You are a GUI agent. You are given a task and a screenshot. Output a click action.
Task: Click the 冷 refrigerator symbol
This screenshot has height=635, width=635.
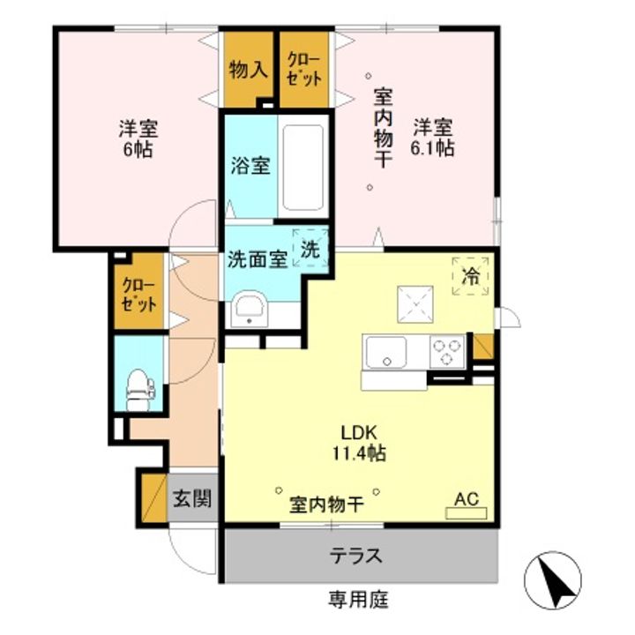[470, 274]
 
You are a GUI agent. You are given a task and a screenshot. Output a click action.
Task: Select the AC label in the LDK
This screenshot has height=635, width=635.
[466, 499]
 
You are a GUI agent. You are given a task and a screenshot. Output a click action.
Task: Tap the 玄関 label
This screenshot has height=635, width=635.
[191, 498]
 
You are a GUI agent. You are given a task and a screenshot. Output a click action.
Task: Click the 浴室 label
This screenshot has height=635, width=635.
[250, 165]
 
